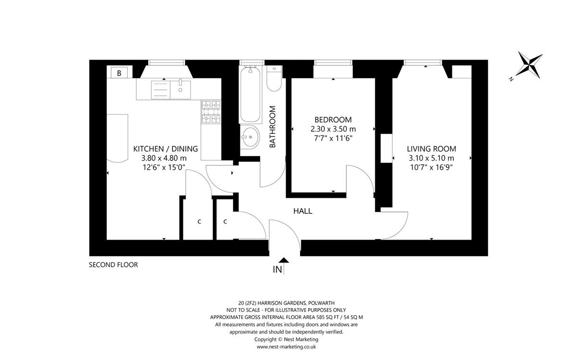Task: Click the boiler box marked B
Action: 119,73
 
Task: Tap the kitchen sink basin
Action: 180,90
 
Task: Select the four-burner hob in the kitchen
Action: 211,112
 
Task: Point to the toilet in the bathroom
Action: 274,78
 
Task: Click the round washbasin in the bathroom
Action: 250,137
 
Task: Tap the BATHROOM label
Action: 272,127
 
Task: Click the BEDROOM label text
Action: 333,120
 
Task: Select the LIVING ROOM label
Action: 431,149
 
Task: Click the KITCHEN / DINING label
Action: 165,149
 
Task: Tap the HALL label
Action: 302,211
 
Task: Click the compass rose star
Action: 529,65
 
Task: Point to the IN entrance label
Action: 277,270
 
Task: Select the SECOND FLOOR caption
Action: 113,265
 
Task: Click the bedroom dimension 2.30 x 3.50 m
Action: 333,129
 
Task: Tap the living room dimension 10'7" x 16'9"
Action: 431,167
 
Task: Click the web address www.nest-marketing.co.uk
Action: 286,347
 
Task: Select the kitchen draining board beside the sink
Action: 161,90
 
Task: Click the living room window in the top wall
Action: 423,62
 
